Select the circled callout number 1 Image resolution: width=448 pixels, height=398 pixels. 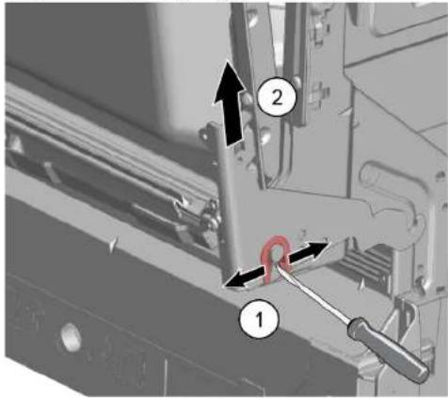tap(259, 319)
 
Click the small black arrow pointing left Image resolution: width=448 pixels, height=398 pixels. tap(242, 279)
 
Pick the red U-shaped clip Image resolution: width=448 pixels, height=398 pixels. tap(275, 259)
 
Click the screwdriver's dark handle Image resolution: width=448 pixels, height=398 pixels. tap(389, 350)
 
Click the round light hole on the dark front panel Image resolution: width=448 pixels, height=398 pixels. tap(71, 337)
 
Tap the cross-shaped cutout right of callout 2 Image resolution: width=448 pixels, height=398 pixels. tap(319, 92)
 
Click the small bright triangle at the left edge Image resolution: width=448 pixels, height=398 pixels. tap(16, 146)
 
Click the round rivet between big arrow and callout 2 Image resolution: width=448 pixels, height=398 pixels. tap(248, 100)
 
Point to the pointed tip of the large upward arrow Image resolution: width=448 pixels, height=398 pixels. tap(229, 61)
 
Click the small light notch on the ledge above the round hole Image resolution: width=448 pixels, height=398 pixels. tap(113, 245)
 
